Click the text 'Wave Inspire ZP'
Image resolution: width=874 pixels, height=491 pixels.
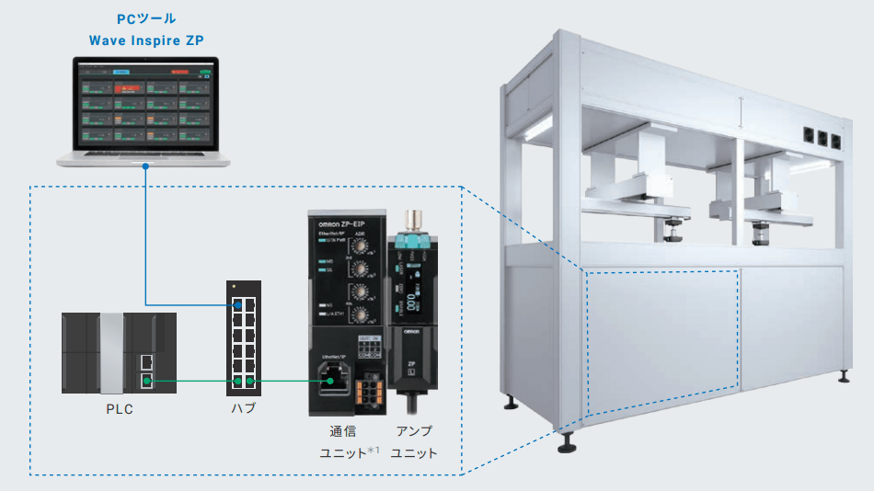pos(146,40)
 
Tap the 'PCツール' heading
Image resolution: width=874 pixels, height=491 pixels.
pos(147,18)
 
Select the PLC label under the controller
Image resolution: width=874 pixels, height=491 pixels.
pos(119,409)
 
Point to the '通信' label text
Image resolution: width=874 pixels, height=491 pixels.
pos(341,430)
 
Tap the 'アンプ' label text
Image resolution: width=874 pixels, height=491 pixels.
pos(413,430)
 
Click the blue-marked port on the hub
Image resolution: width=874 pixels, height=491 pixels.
pos(239,304)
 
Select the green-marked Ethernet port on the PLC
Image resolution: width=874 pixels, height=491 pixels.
pos(146,380)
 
